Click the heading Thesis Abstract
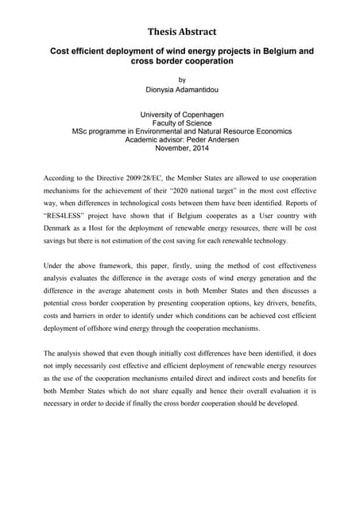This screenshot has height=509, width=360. tap(182, 32)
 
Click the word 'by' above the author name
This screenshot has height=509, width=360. tap(182, 80)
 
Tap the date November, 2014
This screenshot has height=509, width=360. tap(182, 147)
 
